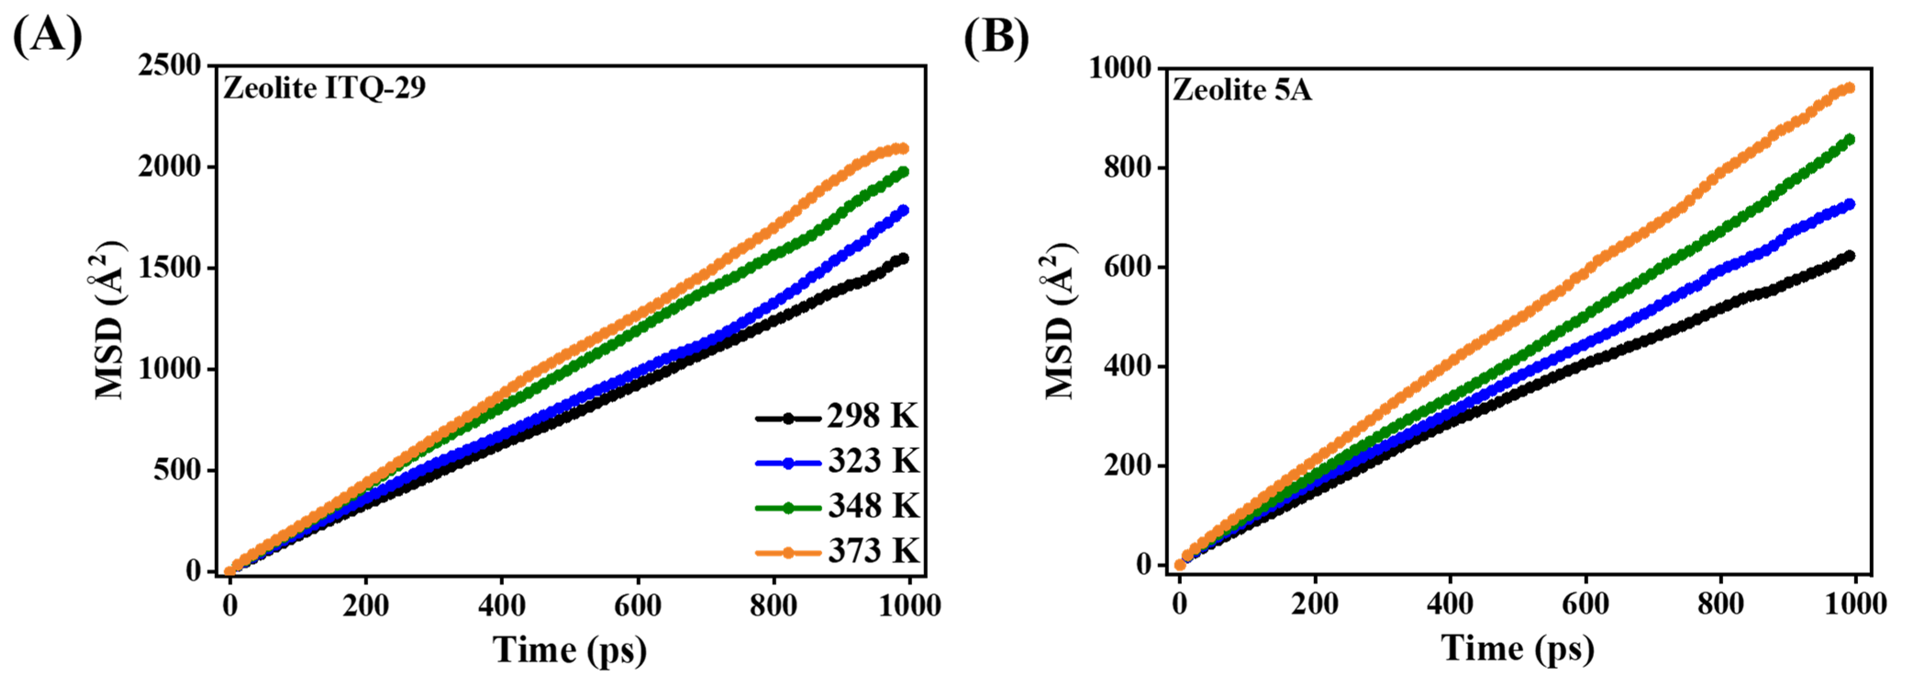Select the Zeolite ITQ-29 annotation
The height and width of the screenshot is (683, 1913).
[x=325, y=89]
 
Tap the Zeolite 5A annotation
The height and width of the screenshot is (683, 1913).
[x=1242, y=90]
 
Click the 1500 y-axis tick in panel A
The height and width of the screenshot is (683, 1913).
[x=170, y=268]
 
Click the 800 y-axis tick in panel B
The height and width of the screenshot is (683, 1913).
[x=1126, y=167]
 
